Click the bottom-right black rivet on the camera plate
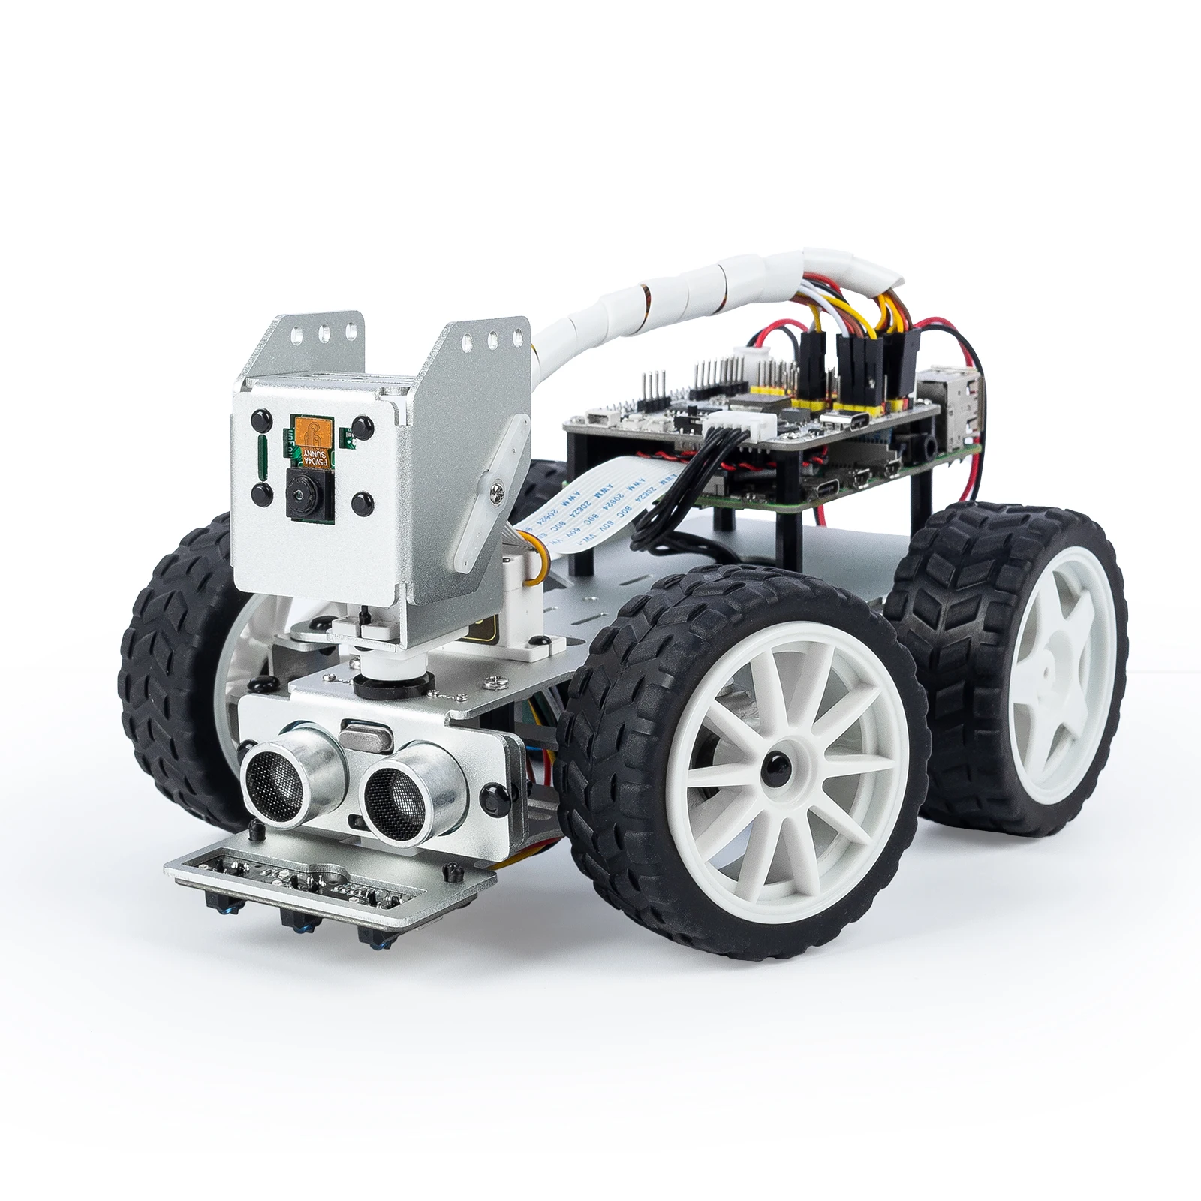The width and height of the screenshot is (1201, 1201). coord(363,501)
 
